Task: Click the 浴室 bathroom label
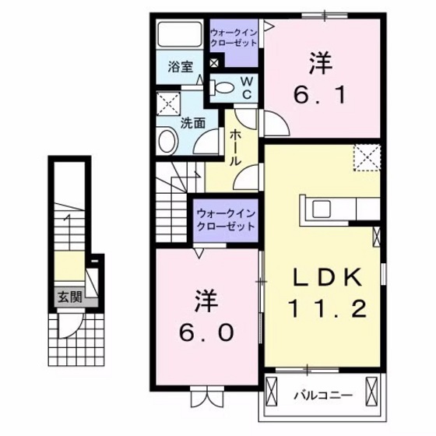pyautogui.click(x=181, y=67)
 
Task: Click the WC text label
pyautogui.click(x=244, y=88)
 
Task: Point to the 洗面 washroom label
pyautogui.click(x=192, y=122)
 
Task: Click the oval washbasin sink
pyautogui.click(x=167, y=141)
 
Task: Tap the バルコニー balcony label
pyautogui.click(x=321, y=396)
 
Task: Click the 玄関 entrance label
pyautogui.click(x=68, y=296)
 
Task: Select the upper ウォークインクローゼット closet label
pyautogui.click(x=234, y=37)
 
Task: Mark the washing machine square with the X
pyautogui.click(x=167, y=103)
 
